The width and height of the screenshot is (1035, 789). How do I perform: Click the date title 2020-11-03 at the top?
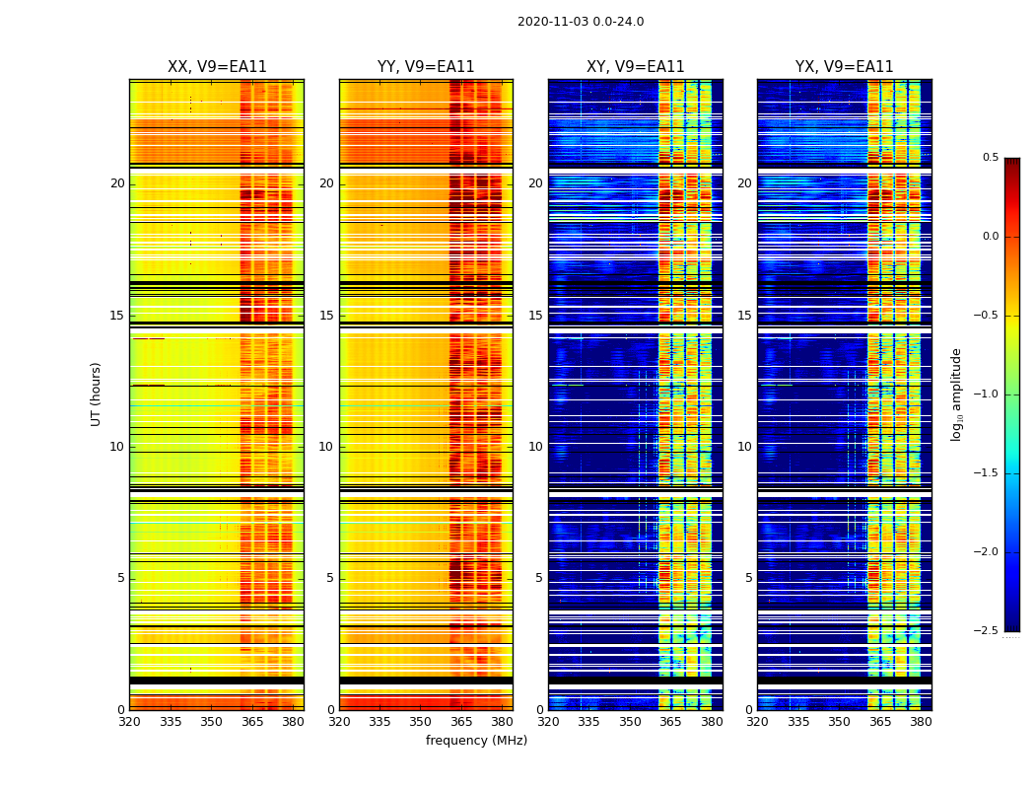pyautogui.click(x=580, y=22)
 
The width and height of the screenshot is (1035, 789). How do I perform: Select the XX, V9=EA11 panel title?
pyautogui.click(x=217, y=67)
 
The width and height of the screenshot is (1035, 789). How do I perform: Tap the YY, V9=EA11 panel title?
pyautogui.click(x=426, y=67)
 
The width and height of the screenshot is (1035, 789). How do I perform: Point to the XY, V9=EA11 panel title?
pyautogui.click(x=635, y=67)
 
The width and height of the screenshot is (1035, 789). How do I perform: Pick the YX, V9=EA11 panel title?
pyautogui.click(x=844, y=67)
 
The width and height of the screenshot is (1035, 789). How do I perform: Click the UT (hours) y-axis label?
pyautogui.click(x=96, y=394)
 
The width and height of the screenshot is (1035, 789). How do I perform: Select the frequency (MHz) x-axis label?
pyautogui.click(x=476, y=741)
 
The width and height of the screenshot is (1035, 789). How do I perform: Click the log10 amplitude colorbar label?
pyautogui.click(x=956, y=394)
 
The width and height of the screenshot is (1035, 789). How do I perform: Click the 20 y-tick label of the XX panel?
pyautogui.click(x=117, y=183)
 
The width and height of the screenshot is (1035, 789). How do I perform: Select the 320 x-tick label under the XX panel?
pyautogui.click(x=129, y=722)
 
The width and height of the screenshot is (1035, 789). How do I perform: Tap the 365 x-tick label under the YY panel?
pyautogui.click(x=461, y=722)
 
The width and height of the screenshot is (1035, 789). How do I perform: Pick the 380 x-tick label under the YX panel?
pyautogui.click(x=921, y=722)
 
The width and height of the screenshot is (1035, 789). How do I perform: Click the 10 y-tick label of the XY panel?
pyautogui.click(x=535, y=447)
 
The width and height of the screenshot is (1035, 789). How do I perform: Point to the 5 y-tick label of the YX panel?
pyautogui.click(x=748, y=578)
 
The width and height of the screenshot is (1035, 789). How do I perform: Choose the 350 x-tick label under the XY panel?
pyautogui.click(x=630, y=722)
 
